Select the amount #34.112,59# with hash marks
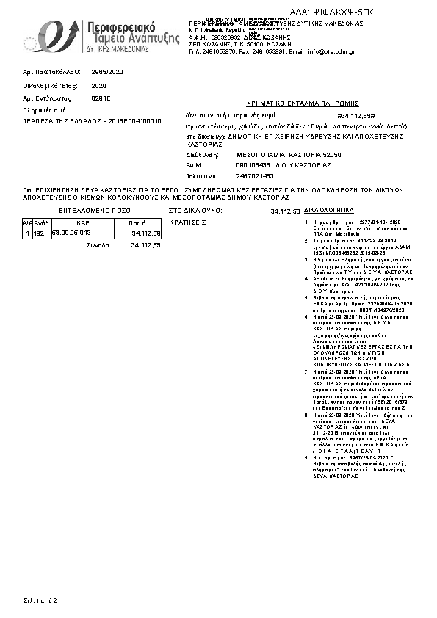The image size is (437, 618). pyautogui.click(x=355, y=116)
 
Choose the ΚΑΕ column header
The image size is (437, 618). pyautogui.click(x=82, y=221)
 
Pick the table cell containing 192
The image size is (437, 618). pyautogui.click(x=39, y=233)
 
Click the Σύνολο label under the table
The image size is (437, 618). pyautogui.click(x=99, y=244)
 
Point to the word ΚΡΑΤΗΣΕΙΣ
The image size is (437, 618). pyautogui.click(x=188, y=221)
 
